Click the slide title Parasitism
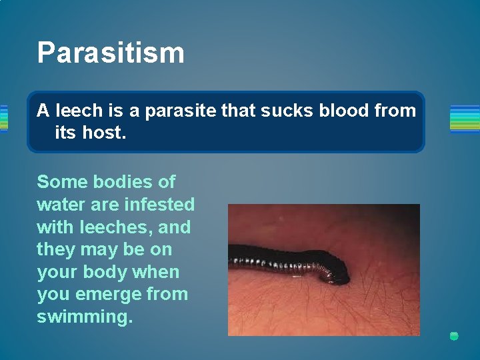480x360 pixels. (111, 53)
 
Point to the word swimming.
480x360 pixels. (85, 317)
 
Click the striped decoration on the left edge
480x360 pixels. (3, 118)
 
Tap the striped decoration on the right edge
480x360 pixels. (465, 118)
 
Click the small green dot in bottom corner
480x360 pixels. (454, 336)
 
